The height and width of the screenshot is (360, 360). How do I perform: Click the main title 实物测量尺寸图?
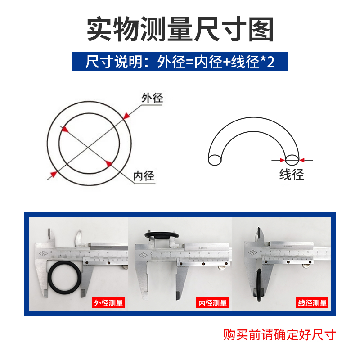coord(180,30)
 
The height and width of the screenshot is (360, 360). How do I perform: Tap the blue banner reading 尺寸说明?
coord(180,61)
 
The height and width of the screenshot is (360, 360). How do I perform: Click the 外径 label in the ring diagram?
coord(152,98)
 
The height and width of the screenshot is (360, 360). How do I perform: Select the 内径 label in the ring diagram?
coord(144,176)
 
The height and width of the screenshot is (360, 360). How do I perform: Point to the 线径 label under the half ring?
coord(292,174)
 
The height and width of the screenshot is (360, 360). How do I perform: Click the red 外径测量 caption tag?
coord(108,303)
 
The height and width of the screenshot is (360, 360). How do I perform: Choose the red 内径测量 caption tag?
coord(213,303)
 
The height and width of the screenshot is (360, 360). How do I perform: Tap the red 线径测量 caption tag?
coord(312,303)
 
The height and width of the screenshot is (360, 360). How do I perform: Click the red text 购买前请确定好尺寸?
coord(280,335)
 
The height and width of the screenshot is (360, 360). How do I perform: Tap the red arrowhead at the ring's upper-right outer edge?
coord(126,116)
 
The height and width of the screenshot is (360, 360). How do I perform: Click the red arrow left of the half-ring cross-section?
coord(281,159)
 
